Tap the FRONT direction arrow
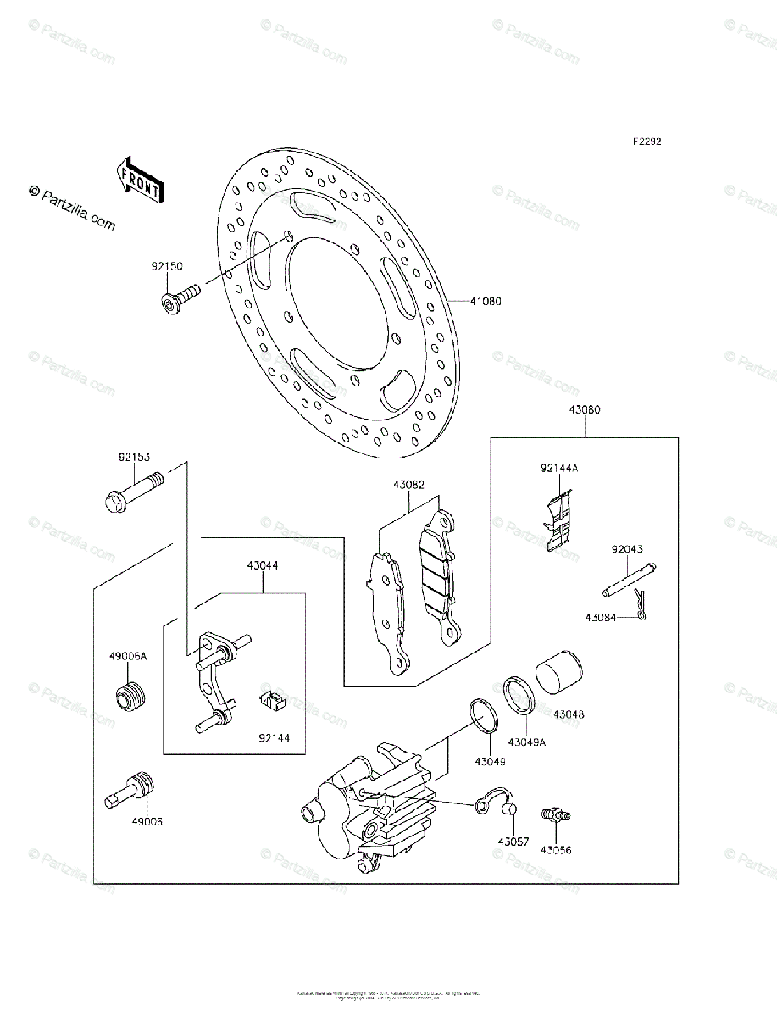(139, 179)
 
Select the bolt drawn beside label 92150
(179, 297)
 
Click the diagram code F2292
(645, 142)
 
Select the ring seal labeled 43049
(483, 716)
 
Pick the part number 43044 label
(263, 564)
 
